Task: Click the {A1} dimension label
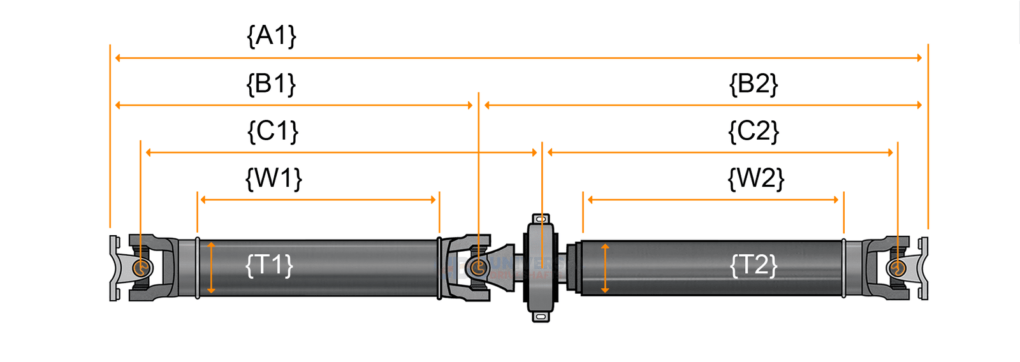[x=272, y=36]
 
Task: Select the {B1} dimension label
[x=272, y=84]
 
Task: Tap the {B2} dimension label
[x=754, y=84]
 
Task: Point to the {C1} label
[x=273, y=131]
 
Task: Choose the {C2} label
[x=754, y=131]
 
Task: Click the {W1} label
[x=273, y=178]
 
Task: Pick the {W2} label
[x=755, y=178]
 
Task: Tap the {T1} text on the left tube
[x=269, y=264]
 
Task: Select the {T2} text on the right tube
[x=754, y=264]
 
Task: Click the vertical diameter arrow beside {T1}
[x=211, y=268]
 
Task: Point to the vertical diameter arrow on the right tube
[x=605, y=268]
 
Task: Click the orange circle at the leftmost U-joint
[x=142, y=267]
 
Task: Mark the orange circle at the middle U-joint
[x=478, y=267]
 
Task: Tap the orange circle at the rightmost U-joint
[x=898, y=267]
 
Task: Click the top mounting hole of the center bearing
[x=541, y=219]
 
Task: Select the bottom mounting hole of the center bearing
[x=541, y=316]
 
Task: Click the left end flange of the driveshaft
[x=114, y=268]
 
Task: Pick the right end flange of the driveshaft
[x=924, y=268]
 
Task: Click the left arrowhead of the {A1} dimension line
[x=118, y=58]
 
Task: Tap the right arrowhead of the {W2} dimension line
[x=836, y=199]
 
